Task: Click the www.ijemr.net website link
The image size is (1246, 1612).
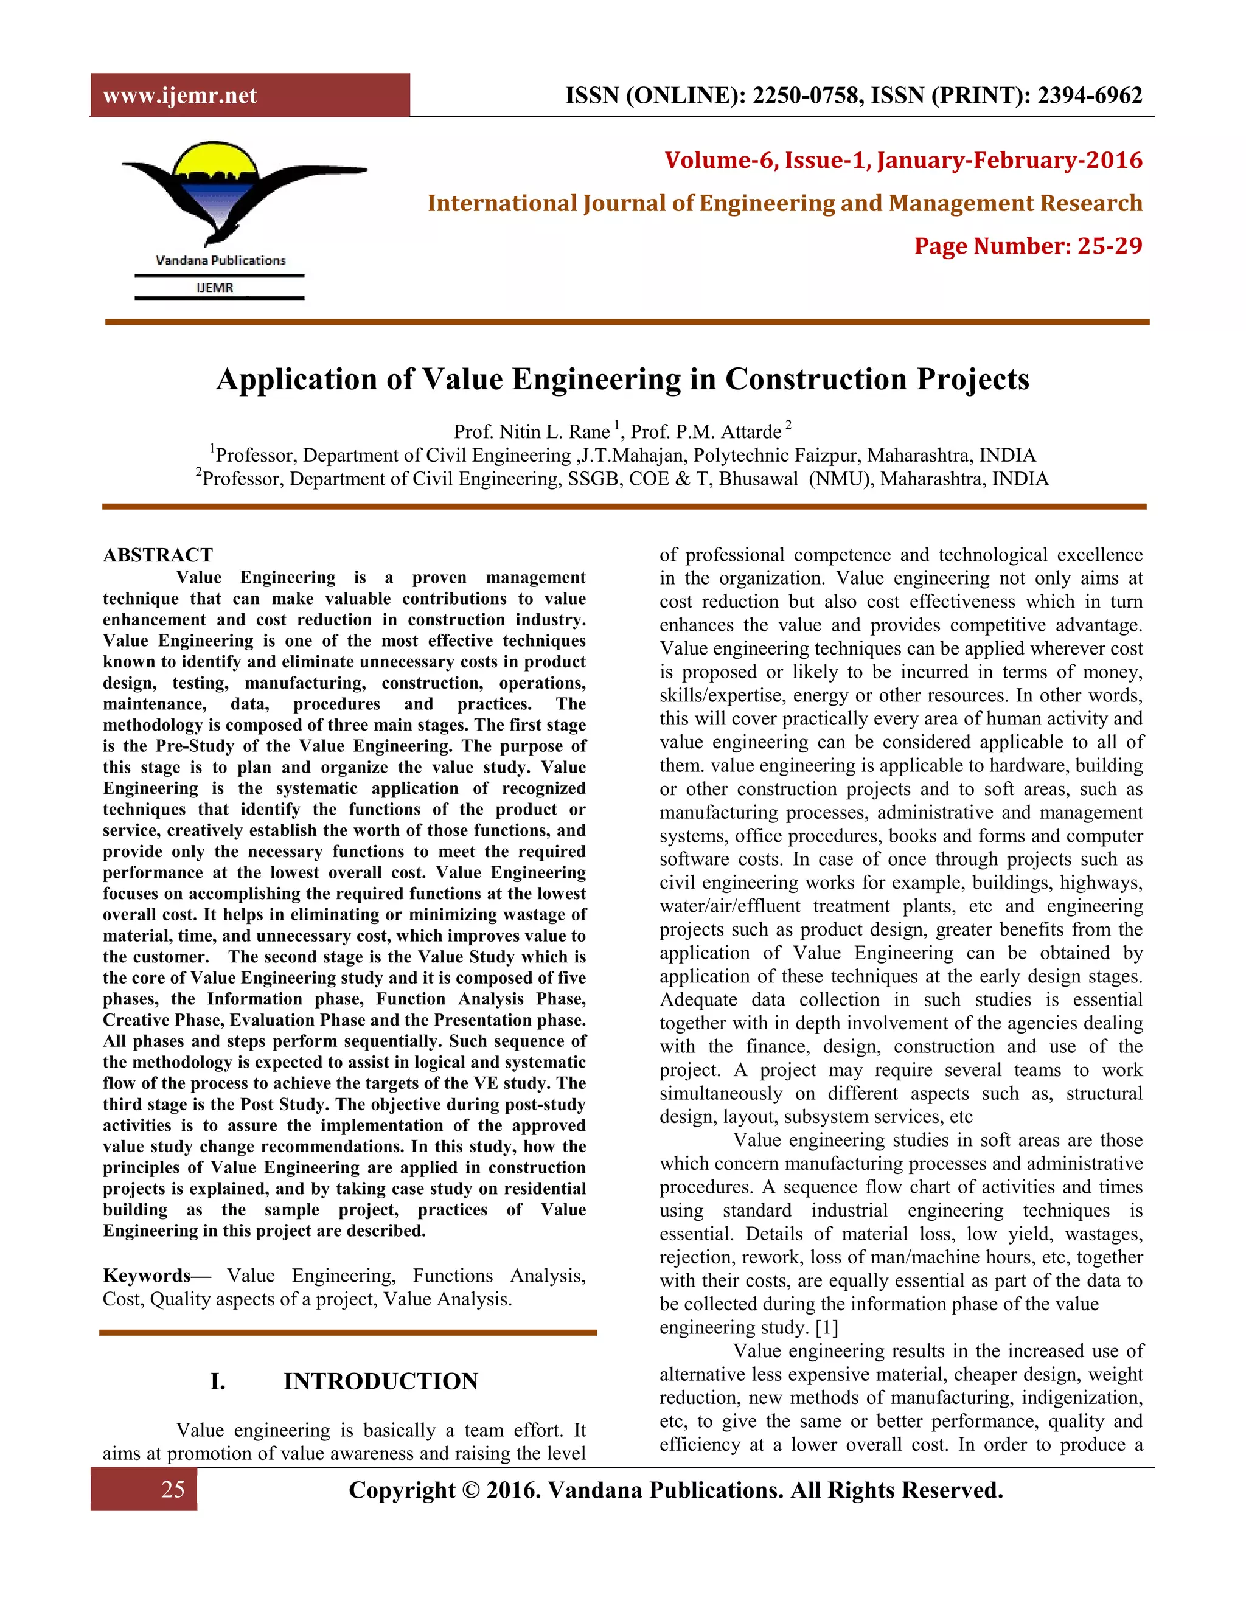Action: click(179, 96)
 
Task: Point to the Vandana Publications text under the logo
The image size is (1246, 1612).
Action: click(220, 260)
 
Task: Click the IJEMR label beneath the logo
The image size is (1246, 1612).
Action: click(215, 288)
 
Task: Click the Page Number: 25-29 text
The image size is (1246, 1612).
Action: click(1028, 246)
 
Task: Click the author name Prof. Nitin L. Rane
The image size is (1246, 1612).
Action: click(532, 432)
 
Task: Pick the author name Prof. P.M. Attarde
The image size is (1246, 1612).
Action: click(706, 432)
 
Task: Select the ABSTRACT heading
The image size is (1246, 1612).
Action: click(158, 555)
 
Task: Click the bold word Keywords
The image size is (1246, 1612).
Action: click(147, 1276)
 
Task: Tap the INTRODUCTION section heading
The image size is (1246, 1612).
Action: click(381, 1381)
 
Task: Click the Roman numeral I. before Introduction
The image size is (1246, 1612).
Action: click(218, 1381)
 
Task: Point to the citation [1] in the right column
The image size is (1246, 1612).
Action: click(827, 1328)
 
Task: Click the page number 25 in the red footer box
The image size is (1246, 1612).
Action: click(173, 1490)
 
